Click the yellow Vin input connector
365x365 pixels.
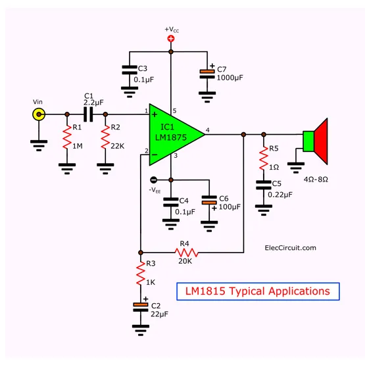(39, 115)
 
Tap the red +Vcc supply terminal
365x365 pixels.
(171, 39)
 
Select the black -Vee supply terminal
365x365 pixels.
(153, 180)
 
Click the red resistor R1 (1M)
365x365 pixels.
(66, 139)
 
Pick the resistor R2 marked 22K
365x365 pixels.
(105, 139)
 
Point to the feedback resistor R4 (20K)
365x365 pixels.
(186, 252)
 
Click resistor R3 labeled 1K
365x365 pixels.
(140, 274)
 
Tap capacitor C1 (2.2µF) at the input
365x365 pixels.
(89, 115)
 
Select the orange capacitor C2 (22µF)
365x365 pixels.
(140, 307)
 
